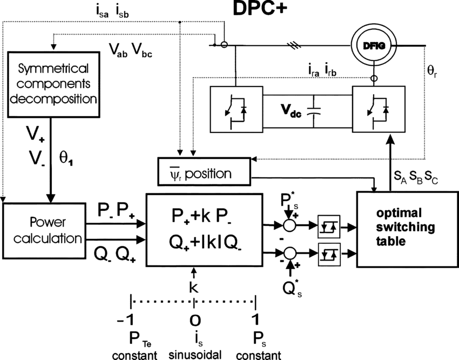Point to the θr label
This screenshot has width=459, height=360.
click(433, 71)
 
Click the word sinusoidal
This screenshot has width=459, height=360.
click(194, 355)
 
